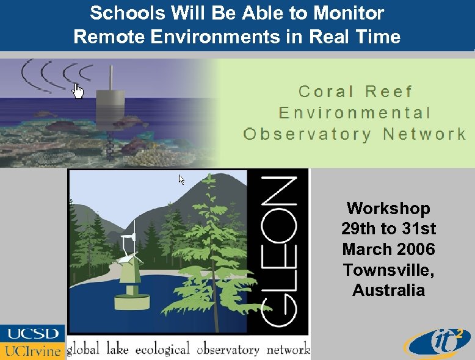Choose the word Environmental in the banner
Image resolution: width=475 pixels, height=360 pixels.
(355, 113)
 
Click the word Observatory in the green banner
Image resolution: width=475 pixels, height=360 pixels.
(306, 134)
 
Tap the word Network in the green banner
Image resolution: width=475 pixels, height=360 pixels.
(424, 134)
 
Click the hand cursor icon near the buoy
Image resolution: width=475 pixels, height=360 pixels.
(78, 91)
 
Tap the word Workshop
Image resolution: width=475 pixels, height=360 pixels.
(388, 209)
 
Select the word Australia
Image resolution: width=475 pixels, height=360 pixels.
(388, 290)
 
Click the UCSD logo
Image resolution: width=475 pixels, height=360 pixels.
(32, 334)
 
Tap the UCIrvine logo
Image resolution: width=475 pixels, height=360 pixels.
(32, 350)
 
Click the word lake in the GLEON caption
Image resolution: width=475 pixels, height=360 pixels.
(117, 350)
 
